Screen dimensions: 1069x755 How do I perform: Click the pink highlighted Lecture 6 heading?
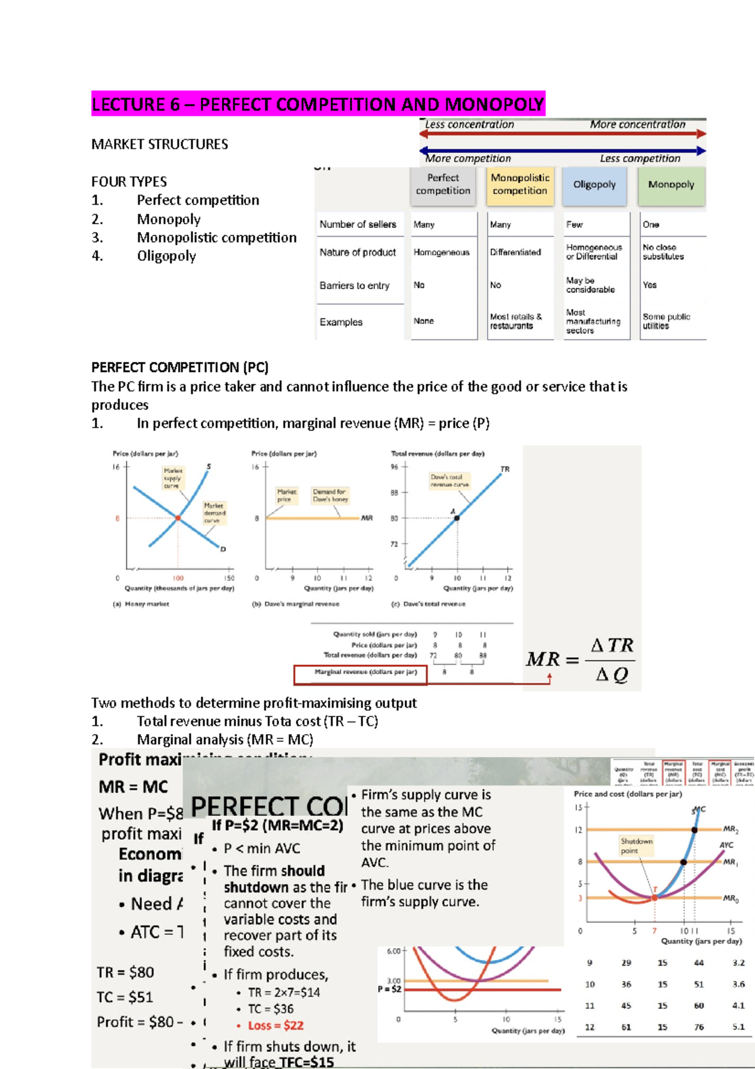click(318, 104)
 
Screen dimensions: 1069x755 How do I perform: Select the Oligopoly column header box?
click(594, 185)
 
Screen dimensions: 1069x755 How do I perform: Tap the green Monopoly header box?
click(671, 185)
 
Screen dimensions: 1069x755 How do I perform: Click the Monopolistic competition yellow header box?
click(520, 185)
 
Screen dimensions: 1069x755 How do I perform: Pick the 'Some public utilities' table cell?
click(666, 322)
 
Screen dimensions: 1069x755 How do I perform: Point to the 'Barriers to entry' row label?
click(354, 286)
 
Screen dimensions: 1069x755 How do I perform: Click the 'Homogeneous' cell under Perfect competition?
click(441, 252)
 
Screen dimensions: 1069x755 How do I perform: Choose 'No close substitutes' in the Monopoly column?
click(663, 252)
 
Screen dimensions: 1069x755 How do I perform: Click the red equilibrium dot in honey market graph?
click(178, 518)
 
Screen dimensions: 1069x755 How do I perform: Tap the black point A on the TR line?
click(457, 518)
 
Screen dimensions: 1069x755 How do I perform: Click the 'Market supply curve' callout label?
click(172, 478)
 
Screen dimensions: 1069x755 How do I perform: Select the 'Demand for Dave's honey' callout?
click(330, 495)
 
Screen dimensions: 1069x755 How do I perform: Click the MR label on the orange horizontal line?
click(367, 518)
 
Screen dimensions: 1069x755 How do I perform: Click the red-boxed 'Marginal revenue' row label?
click(366, 672)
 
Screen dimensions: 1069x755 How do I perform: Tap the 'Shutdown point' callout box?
click(636, 846)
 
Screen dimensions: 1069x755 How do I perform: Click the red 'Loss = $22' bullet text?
click(276, 1026)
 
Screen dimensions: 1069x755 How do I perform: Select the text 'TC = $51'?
click(125, 997)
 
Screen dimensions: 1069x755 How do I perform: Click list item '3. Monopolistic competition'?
click(216, 238)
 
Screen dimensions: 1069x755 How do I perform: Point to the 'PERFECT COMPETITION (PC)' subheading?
click(180, 368)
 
